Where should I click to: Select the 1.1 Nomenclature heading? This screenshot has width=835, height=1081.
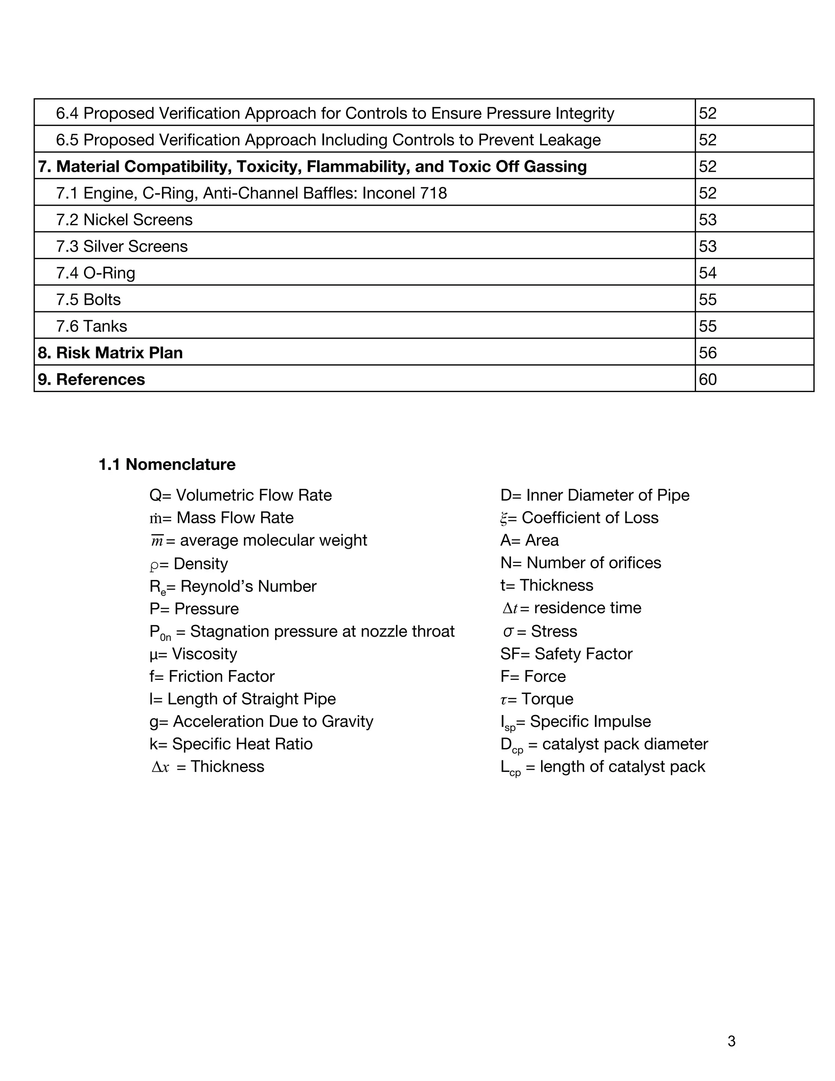pos(167,464)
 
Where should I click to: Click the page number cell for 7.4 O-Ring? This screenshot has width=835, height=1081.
pos(707,273)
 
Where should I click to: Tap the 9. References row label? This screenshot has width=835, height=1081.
pos(91,379)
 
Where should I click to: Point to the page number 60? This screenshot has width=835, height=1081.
pos(707,379)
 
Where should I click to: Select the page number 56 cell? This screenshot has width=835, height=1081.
pos(707,352)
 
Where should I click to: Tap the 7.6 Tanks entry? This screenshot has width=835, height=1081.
pos(91,326)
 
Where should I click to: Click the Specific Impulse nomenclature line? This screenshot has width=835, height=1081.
pos(575,722)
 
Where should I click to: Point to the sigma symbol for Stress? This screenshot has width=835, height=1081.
pos(508,631)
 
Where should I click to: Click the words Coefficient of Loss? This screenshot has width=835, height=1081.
pos(590,518)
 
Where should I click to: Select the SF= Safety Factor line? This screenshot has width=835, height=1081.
pos(566,654)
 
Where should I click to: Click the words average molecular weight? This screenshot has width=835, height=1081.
pos(273,540)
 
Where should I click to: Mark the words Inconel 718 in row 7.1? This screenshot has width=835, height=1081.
pos(404,193)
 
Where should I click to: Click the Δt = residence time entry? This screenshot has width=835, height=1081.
pos(571,608)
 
